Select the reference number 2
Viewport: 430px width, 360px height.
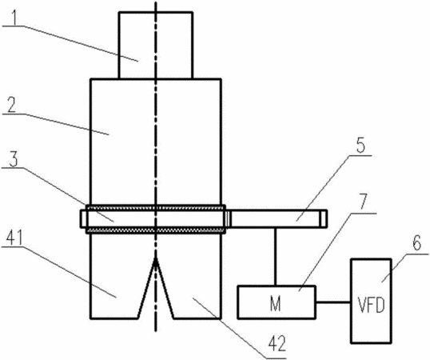click(x=12, y=105)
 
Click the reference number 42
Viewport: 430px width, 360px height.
click(x=277, y=344)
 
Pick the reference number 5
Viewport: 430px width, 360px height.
click(x=360, y=145)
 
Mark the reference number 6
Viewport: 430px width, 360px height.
click(x=416, y=243)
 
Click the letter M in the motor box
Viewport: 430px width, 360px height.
click(x=275, y=304)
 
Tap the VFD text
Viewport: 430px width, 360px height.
click(x=372, y=305)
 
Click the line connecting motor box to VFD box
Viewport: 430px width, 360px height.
click(x=333, y=302)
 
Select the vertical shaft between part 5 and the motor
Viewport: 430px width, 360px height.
click(x=275, y=257)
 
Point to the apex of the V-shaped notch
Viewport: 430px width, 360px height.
click(x=156, y=258)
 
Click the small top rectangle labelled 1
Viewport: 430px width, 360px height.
click(x=156, y=46)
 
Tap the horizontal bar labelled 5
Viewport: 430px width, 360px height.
click(x=277, y=218)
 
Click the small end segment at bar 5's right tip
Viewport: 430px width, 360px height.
click(x=324, y=218)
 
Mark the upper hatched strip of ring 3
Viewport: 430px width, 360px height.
click(x=156, y=208)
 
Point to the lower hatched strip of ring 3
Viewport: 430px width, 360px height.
click(x=156, y=230)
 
